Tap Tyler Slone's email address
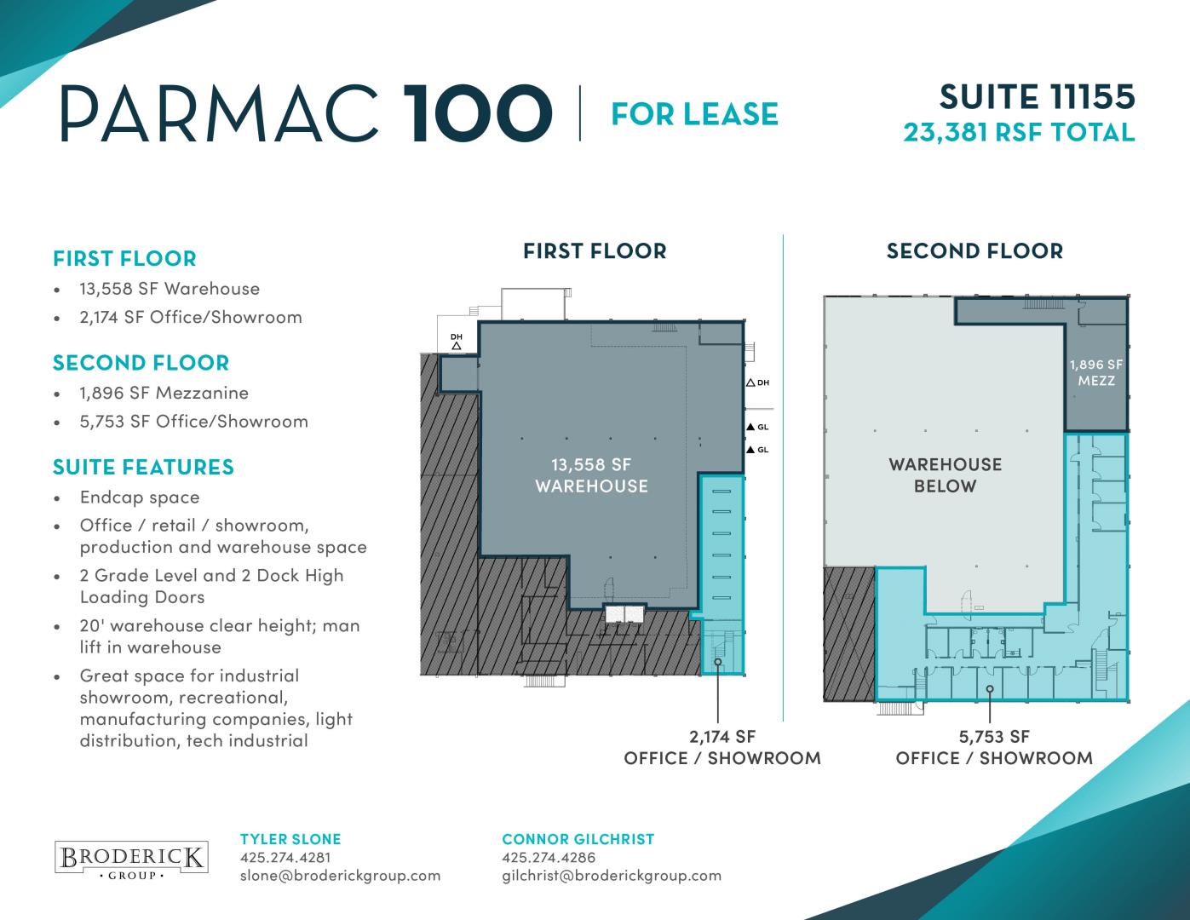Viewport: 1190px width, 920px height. coord(340,876)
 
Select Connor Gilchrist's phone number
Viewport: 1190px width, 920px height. coord(549,858)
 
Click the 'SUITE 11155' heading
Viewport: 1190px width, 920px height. coord(1038,97)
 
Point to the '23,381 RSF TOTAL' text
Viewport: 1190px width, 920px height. coord(1019,133)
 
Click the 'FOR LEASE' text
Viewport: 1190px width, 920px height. coord(694,114)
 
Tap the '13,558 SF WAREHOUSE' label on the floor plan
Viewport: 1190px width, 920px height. coord(591,475)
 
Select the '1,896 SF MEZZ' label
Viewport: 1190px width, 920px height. coord(1096,372)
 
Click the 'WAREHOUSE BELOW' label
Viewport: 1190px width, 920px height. coord(946,475)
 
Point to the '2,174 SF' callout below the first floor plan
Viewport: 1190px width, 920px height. coord(722,737)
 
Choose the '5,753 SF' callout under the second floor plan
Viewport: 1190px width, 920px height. coord(994,737)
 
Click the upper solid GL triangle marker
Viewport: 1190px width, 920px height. coord(750,427)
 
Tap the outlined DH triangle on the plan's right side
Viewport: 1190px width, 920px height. coord(750,382)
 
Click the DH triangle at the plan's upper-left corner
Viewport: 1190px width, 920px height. coord(457,346)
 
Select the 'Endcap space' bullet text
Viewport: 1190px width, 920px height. coord(140,497)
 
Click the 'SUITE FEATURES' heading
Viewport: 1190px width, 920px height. coord(143,467)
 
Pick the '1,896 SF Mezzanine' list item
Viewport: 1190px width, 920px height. coord(164,393)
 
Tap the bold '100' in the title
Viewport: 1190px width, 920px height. coord(476,114)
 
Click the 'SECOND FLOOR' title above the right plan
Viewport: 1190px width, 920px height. coord(974,250)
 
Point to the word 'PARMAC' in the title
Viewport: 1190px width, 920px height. coord(219,114)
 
